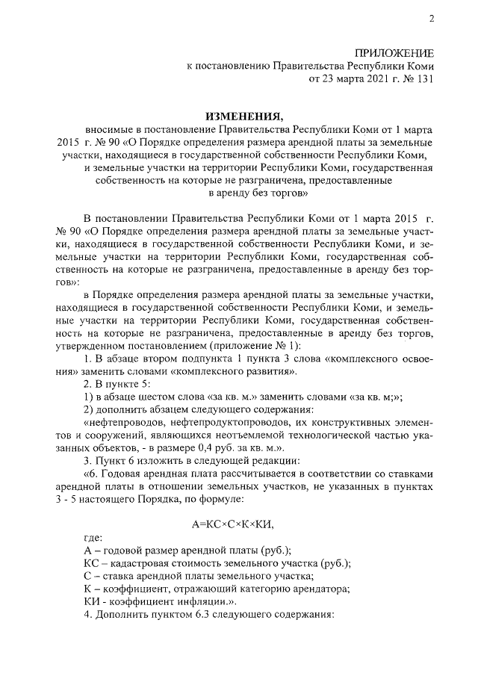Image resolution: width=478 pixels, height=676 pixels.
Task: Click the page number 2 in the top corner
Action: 431,19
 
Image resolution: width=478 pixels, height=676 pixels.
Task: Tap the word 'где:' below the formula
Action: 94,537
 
